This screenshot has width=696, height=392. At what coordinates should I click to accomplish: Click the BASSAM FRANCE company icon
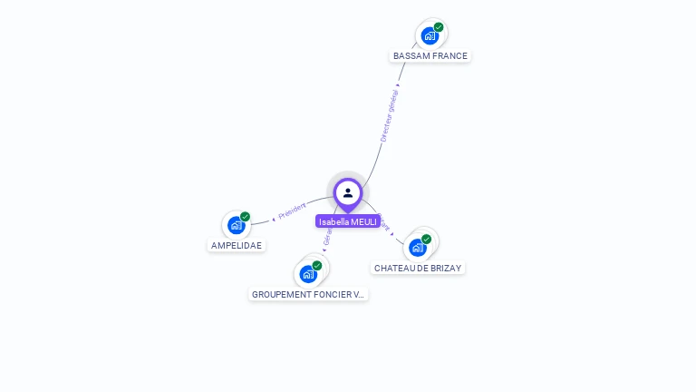pyautogui.click(x=430, y=36)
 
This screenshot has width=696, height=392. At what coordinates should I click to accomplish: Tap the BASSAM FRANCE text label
pyautogui.click(x=430, y=56)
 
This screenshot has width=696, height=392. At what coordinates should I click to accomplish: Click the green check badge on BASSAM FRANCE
pyautogui.click(x=439, y=27)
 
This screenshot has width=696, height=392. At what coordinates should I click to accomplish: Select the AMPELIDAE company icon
pyautogui.click(x=237, y=225)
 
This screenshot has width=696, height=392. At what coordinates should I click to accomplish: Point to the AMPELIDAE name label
pyautogui.click(x=237, y=246)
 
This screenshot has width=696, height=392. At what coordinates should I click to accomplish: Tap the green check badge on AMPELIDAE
pyautogui.click(x=245, y=217)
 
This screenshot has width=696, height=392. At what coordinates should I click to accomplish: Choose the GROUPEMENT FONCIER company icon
pyautogui.click(x=308, y=273)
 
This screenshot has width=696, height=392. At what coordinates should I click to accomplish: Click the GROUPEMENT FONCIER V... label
pyautogui.click(x=308, y=295)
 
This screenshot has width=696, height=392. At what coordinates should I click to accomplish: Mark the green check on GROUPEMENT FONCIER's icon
pyautogui.click(x=317, y=265)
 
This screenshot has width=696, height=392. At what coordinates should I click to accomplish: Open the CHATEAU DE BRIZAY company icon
pyautogui.click(x=417, y=247)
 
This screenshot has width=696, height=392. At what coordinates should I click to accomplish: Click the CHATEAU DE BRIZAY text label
pyautogui.click(x=418, y=269)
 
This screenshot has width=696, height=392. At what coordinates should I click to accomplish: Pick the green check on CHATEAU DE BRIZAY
pyautogui.click(x=426, y=239)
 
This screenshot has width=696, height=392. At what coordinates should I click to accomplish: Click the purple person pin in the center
pyautogui.click(x=348, y=193)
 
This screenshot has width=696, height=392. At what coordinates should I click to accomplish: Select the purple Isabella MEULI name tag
pyautogui.click(x=348, y=221)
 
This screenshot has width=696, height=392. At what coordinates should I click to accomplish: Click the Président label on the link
pyautogui.click(x=292, y=211)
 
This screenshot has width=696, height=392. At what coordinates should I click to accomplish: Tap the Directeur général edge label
pyautogui.click(x=390, y=115)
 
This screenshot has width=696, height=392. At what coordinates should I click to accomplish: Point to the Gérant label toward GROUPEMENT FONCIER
pyautogui.click(x=328, y=238)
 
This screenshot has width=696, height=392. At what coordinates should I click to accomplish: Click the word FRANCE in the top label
pyautogui.click(x=449, y=56)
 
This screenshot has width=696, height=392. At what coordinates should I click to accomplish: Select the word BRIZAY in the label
pyautogui.click(x=444, y=269)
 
